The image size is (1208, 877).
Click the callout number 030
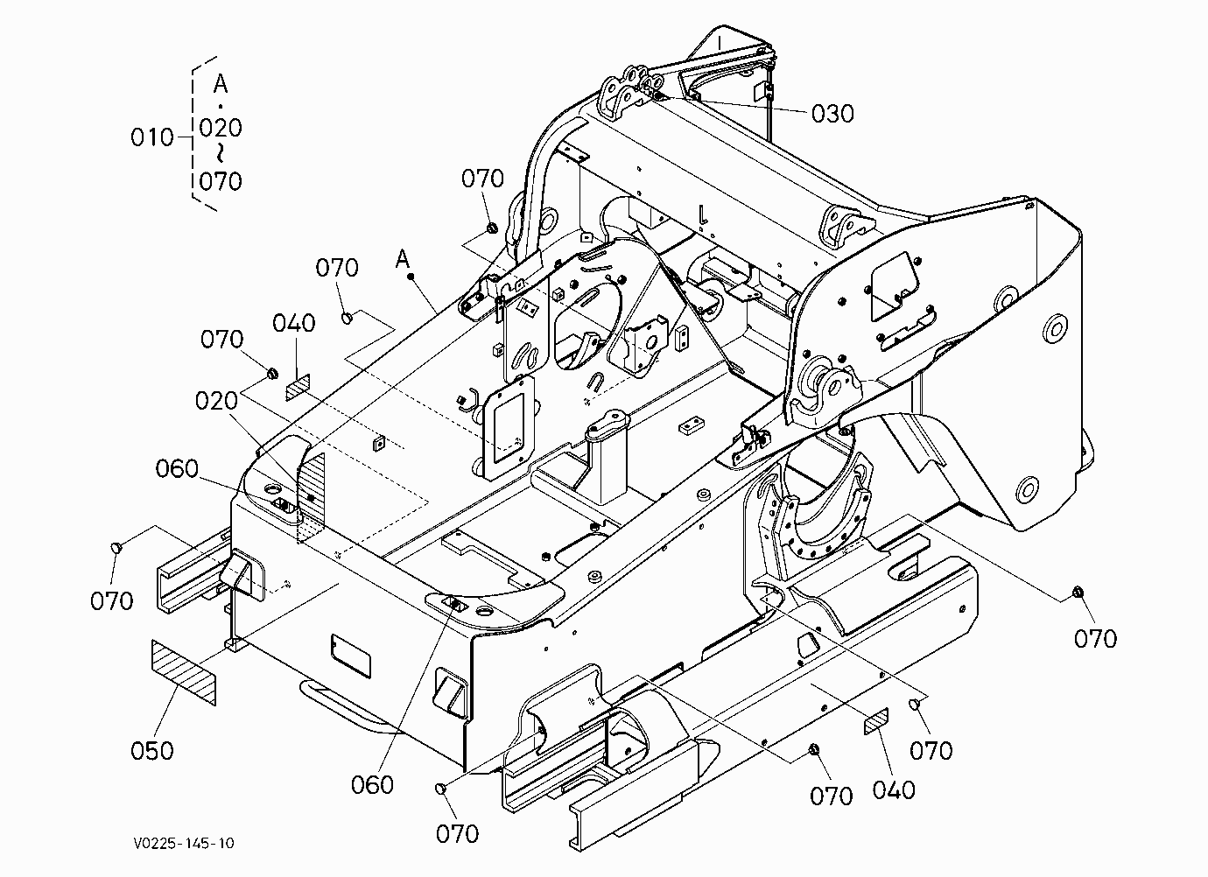[832, 114]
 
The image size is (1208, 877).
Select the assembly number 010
[152, 137]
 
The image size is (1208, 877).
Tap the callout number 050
[152, 751]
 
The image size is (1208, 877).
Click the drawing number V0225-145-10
[184, 843]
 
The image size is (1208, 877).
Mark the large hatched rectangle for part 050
[183, 672]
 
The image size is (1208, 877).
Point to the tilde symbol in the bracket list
[220, 154]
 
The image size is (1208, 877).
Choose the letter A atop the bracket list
[221, 84]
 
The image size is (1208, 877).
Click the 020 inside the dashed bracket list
[221, 128]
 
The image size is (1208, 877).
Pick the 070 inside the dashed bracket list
[221, 181]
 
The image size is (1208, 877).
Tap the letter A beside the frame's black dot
[403, 259]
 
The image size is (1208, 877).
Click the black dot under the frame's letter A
[411, 277]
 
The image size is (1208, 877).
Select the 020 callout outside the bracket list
[216, 401]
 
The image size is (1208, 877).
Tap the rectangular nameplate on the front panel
[351, 656]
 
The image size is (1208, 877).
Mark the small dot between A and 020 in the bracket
[220, 106]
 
